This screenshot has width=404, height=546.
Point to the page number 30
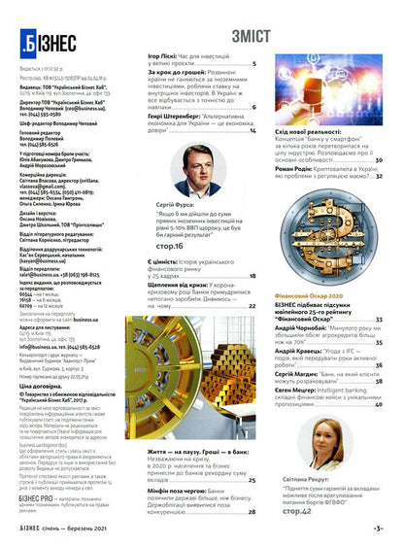coord(379,158)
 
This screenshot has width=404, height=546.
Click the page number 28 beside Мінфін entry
coord(252,511)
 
